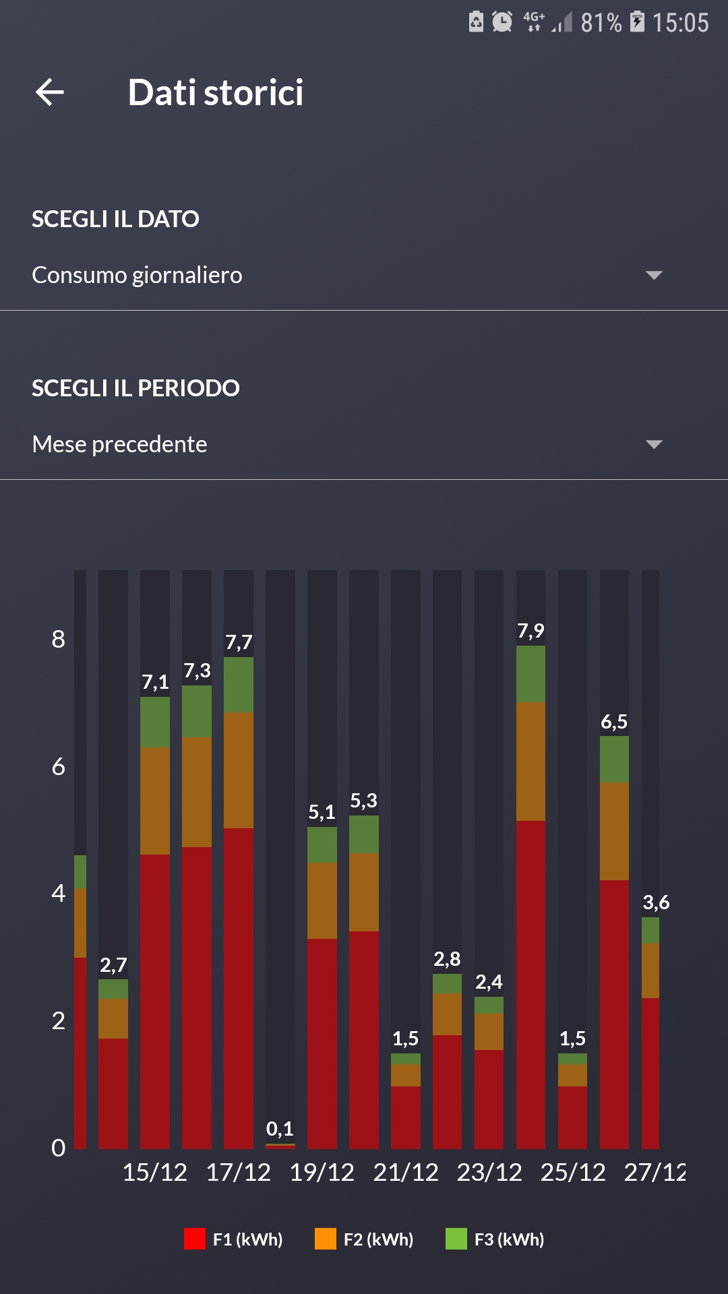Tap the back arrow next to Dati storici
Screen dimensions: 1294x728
click(x=50, y=92)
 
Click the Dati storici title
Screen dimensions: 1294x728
click(x=216, y=92)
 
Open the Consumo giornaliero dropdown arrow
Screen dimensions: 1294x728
click(x=653, y=275)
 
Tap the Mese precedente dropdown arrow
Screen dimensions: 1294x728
click(x=653, y=444)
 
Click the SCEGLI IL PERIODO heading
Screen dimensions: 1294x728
click(x=135, y=388)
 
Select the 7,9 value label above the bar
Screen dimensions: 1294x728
click(x=530, y=631)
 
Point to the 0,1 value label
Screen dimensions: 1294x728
click(x=280, y=1128)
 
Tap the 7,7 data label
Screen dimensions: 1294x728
click(x=239, y=642)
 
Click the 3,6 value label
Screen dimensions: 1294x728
click(x=656, y=902)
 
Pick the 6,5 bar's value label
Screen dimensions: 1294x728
click(x=614, y=722)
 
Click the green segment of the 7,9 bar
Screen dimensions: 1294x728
click(x=530, y=674)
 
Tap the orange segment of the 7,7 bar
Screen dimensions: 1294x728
click(x=239, y=770)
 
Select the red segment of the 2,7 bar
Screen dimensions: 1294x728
click(x=113, y=1093)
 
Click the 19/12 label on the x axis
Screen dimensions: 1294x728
click(x=322, y=1173)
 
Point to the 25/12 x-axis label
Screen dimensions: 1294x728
click(x=573, y=1173)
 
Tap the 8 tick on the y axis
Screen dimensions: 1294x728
click(x=59, y=639)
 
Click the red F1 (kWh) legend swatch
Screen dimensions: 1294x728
click(x=195, y=1239)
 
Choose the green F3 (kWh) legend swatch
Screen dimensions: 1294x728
click(x=456, y=1239)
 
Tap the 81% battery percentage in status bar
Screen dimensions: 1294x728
click(x=601, y=23)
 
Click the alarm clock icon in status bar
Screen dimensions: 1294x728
click(x=502, y=22)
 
